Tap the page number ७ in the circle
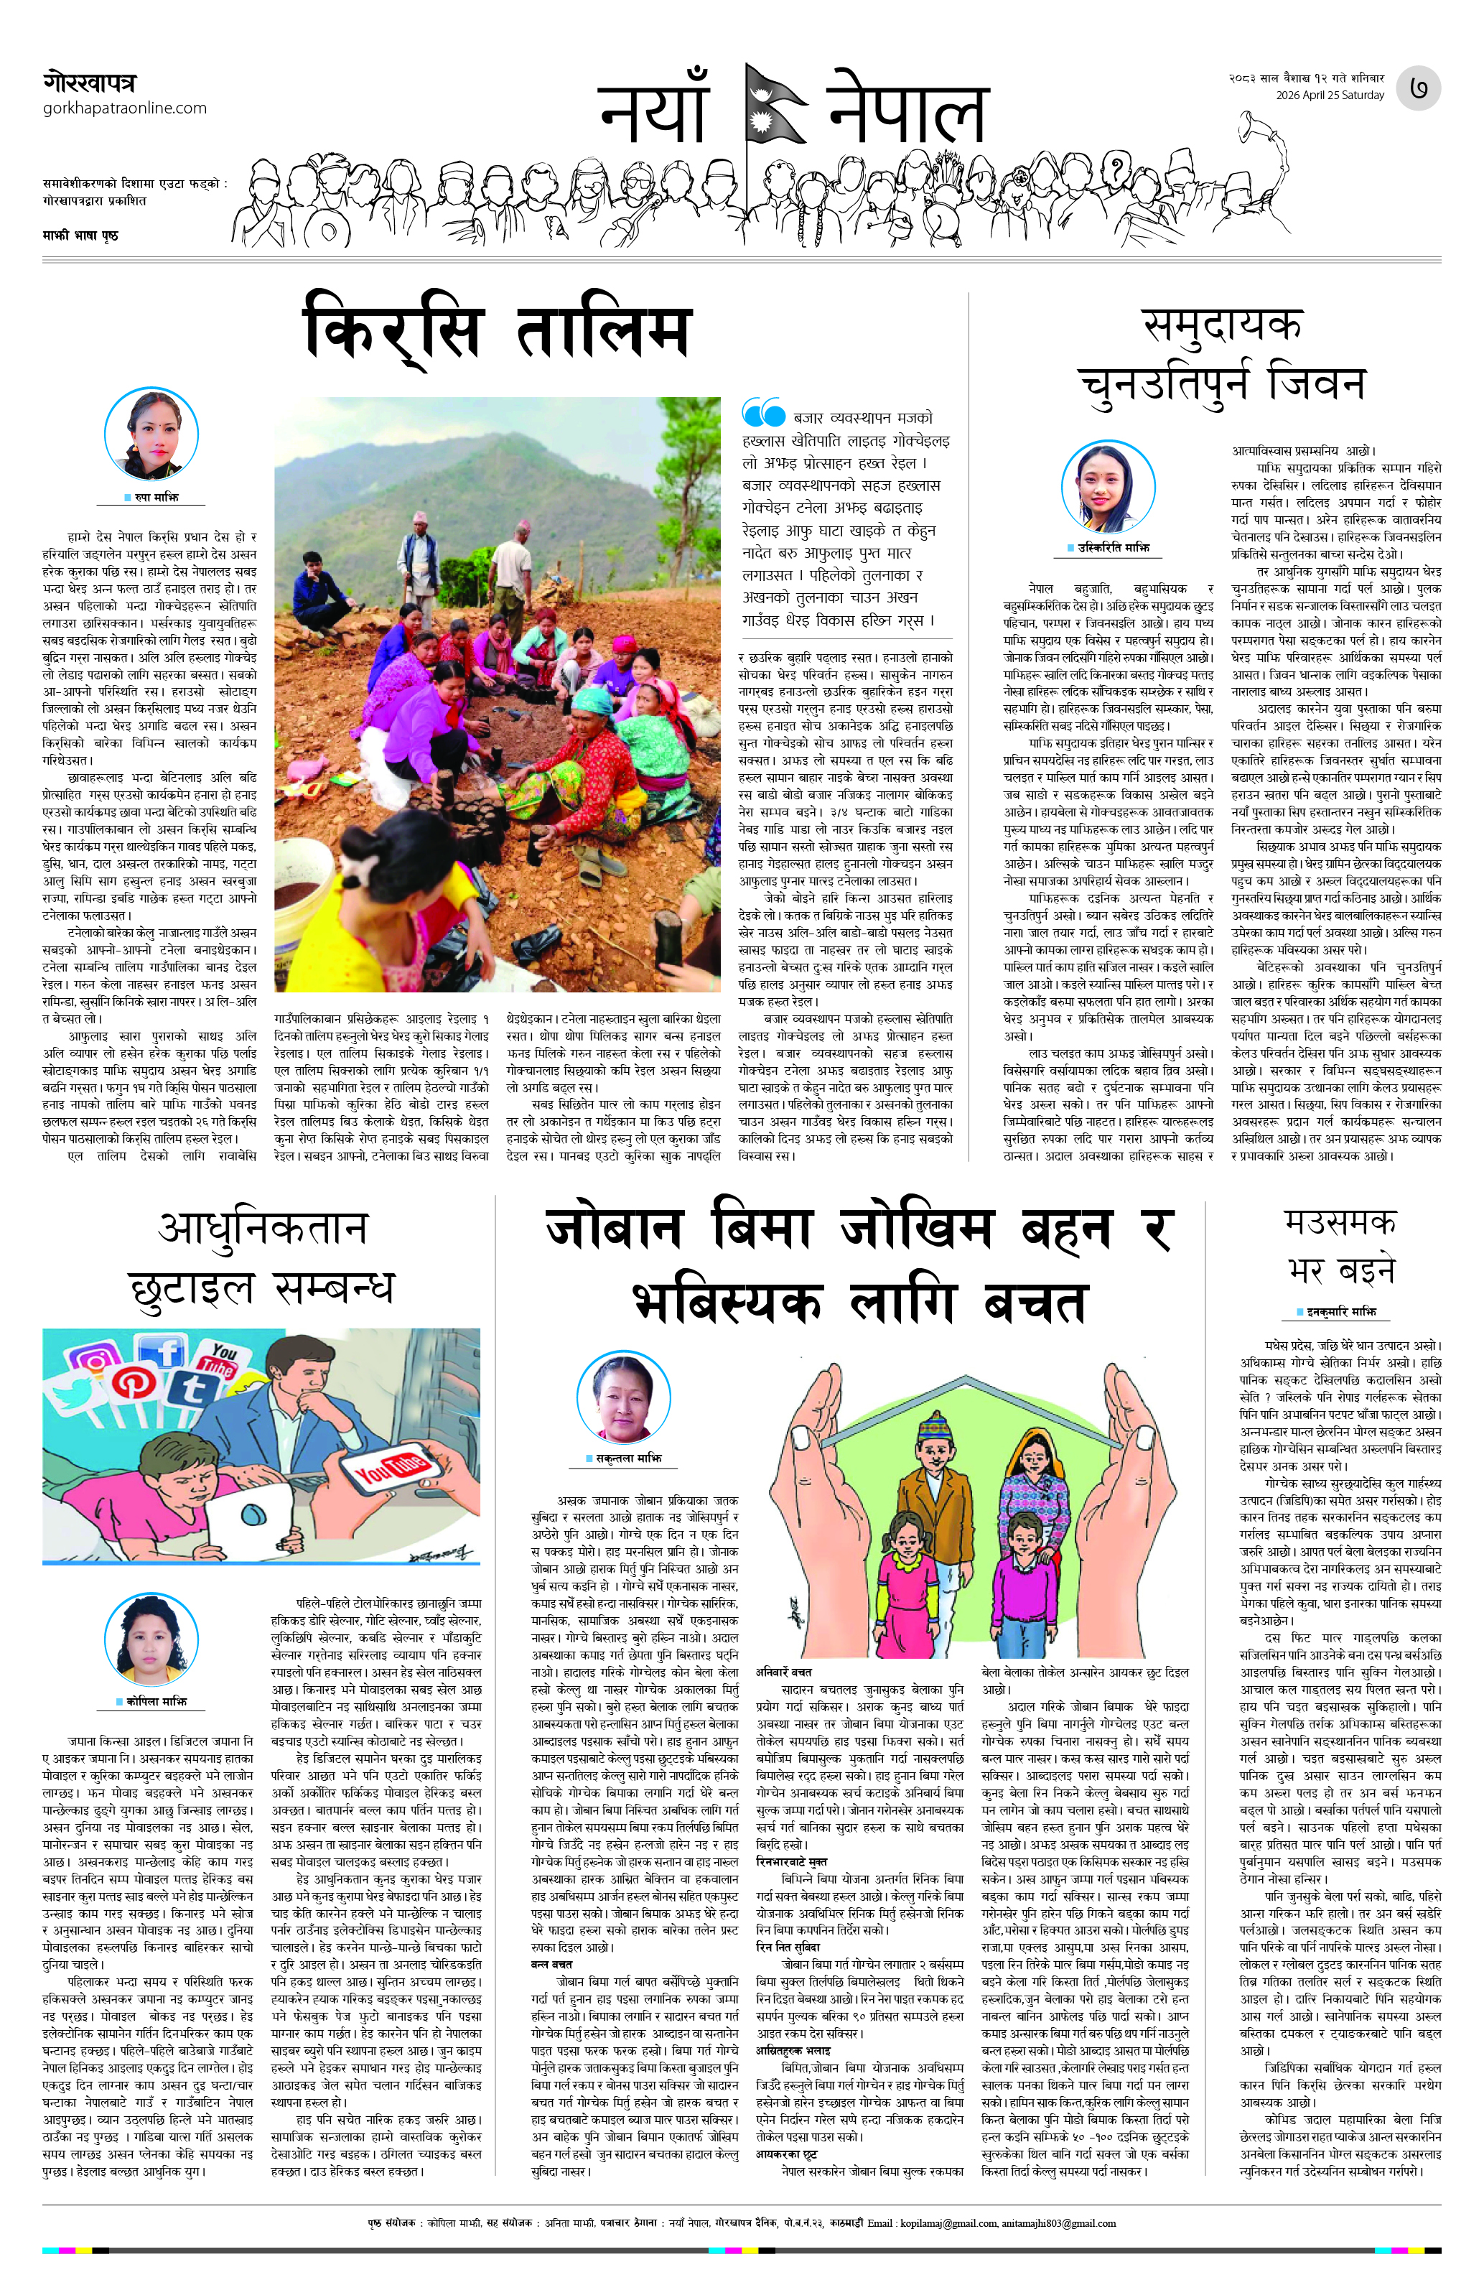pos(1419,88)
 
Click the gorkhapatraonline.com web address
pos(124,108)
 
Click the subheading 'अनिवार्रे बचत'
pos(784,1644)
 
